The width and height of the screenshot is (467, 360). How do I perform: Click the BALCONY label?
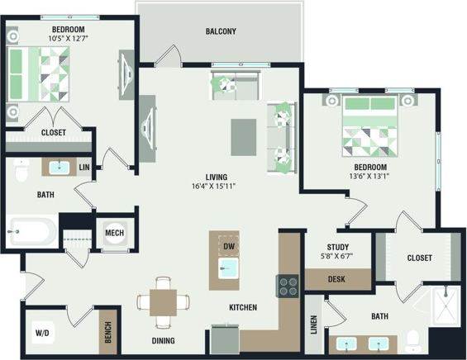point(220,32)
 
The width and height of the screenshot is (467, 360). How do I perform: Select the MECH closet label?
point(114,234)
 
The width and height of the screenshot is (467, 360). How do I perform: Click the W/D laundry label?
point(41,334)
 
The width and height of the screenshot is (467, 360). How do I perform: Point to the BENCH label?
point(106,330)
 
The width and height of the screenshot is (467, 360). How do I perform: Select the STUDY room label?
point(338,247)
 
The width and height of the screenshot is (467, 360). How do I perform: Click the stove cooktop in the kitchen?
point(288,286)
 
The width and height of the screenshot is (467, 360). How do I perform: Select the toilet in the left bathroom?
point(22,169)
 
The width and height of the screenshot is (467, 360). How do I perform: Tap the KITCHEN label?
point(243,308)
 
